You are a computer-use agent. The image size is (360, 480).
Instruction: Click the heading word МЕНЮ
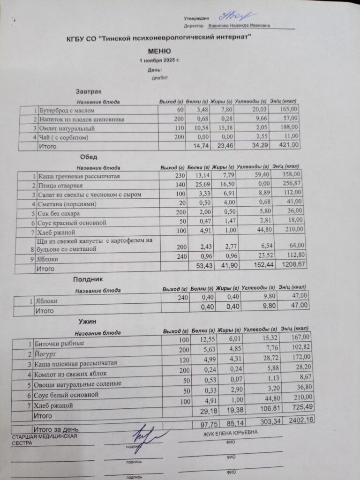pyautogui.click(x=159, y=51)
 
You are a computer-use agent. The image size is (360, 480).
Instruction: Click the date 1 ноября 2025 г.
pyautogui.click(x=160, y=61)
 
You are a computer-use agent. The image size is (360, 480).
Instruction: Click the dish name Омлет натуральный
pyautogui.click(x=67, y=128)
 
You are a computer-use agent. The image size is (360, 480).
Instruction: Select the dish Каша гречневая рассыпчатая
pyautogui.click(x=79, y=177)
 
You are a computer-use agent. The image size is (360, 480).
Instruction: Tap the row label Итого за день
pyautogui.click(x=55, y=429)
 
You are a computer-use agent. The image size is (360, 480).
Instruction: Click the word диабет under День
pyautogui.click(x=159, y=78)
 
